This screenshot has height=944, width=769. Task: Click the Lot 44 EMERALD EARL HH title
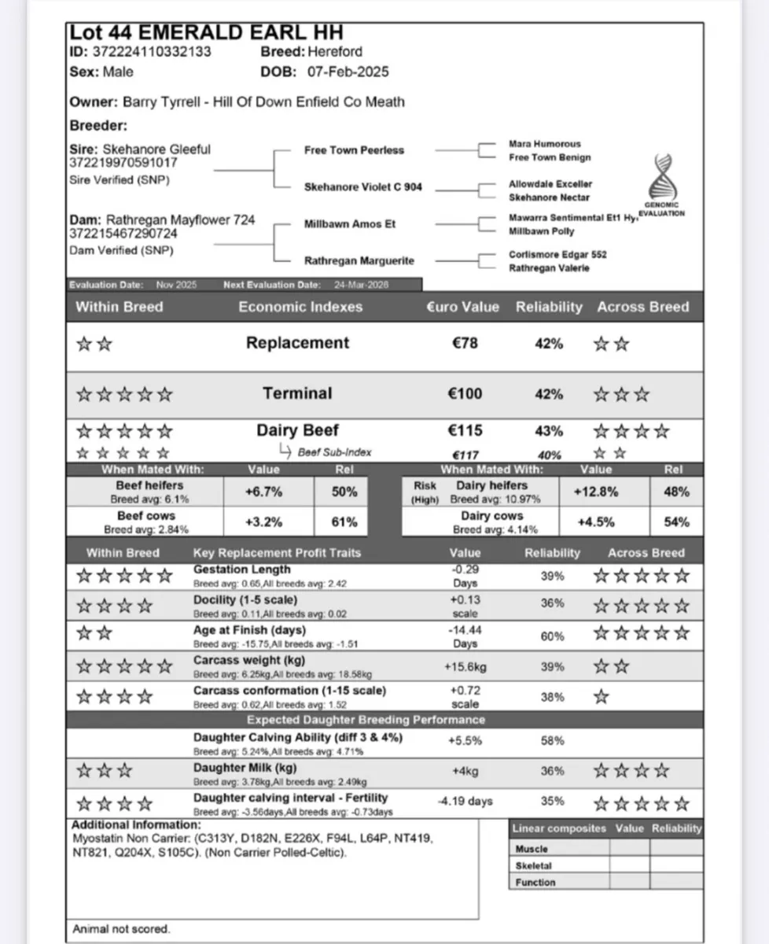206,33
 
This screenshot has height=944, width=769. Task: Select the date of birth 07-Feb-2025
348,72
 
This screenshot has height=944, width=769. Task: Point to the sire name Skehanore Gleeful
162,149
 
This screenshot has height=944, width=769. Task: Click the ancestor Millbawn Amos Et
350,224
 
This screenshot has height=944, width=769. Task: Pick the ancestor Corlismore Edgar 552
557,255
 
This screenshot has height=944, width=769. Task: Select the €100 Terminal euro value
465,393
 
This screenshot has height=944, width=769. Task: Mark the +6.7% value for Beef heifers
263,492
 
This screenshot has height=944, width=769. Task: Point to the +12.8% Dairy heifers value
597,492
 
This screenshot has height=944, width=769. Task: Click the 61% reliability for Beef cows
344,522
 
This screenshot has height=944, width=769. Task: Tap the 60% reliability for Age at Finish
552,636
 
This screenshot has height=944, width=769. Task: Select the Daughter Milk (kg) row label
245,768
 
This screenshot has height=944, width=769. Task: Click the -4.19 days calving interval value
465,802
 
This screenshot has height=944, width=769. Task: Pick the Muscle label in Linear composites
532,850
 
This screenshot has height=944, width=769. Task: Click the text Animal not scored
121,929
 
